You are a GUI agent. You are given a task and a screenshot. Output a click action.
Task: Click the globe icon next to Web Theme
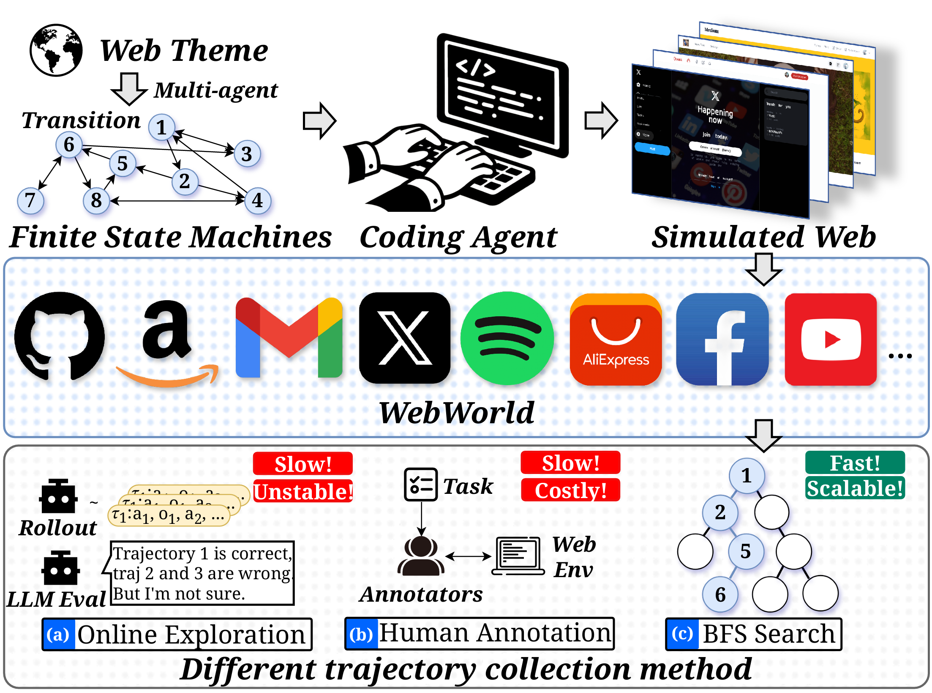pyautogui.click(x=56, y=50)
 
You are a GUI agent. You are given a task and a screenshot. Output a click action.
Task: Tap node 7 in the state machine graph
pyautogui.click(x=30, y=200)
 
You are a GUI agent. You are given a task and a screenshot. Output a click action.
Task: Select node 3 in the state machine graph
pyautogui.click(x=247, y=154)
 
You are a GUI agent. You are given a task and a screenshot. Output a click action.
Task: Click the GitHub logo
pyautogui.click(x=59, y=337)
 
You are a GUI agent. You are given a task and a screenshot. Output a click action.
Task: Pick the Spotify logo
pyautogui.click(x=507, y=338)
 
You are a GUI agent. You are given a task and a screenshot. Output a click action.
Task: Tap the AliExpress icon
pyautogui.click(x=616, y=340)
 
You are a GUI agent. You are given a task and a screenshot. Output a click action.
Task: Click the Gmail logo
pyautogui.click(x=289, y=338)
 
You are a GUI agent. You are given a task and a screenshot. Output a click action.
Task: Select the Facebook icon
pyautogui.click(x=722, y=340)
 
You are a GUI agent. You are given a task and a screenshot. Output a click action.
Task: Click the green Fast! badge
pyautogui.click(x=855, y=463)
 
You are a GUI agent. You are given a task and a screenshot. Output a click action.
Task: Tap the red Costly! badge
pyautogui.click(x=570, y=490)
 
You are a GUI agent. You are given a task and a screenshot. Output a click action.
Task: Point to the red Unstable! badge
pyautogui.click(x=303, y=491)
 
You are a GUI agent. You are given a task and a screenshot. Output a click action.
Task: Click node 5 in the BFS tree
pyautogui.click(x=746, y=551)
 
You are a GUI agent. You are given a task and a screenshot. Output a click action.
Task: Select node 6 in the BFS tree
pyautogui.click(x=720, y=594)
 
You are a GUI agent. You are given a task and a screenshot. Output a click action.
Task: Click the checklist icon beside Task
pyautogui.click(x=420, y=485)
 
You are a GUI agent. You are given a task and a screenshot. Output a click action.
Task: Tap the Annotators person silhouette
pyautogui.click(x=421, y=556)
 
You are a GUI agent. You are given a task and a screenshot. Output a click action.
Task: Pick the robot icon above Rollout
pyautogui.click(x=58, y=497)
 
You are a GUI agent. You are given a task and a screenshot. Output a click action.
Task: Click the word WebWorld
pyautogui.click(x=456, y=413)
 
